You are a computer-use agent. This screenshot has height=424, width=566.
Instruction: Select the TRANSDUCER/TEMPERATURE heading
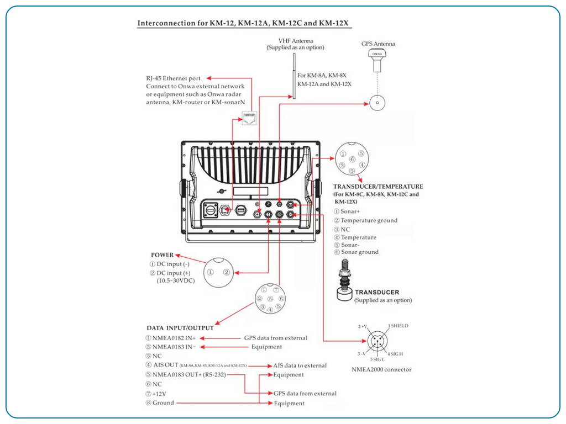click(378, 187)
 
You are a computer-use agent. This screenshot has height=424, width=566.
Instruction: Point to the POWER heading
click(162, 255)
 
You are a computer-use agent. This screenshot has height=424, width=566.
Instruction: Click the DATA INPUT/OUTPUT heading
click(180, 328)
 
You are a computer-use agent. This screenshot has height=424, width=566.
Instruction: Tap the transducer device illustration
click(345, 282)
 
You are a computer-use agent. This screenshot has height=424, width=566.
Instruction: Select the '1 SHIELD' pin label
click(398, 326)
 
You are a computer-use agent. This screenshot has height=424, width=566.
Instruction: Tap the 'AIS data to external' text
click(300, 365)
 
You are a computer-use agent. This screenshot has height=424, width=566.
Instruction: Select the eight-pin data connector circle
click(270, 299)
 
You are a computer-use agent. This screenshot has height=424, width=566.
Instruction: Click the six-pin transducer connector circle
click(351, 159)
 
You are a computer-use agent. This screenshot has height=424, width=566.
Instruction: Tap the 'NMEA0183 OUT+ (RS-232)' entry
click(185, 374)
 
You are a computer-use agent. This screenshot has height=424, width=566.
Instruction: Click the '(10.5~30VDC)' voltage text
click(176, 281)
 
